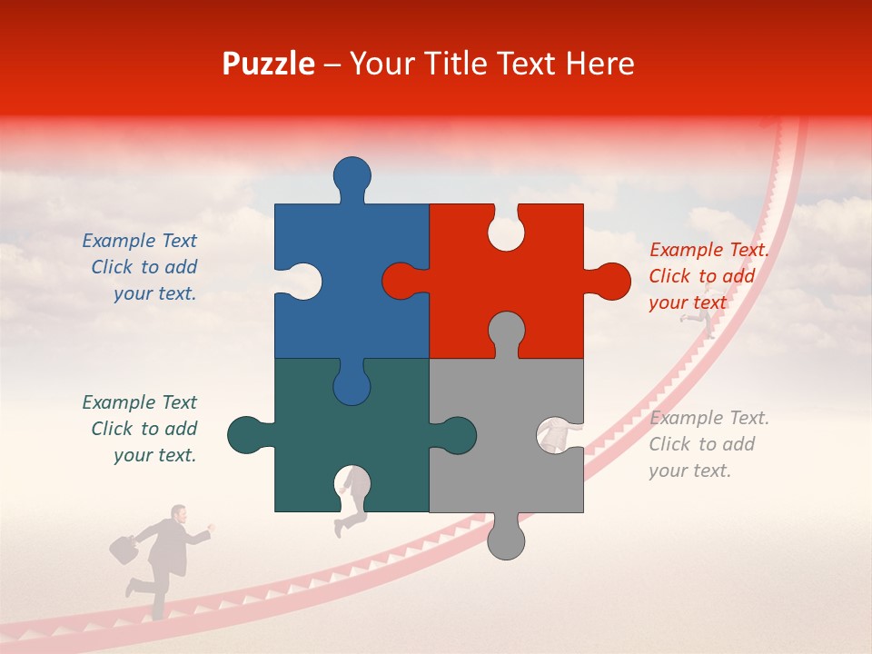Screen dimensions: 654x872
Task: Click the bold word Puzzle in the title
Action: [x=269, y=64]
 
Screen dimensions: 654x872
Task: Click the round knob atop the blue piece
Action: [x=352, y=174]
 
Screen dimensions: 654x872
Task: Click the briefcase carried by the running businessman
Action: [x=124, y=550]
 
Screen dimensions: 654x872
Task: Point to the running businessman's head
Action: [x=179, y=514]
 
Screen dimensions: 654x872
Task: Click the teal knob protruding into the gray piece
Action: [x=456, y=435]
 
